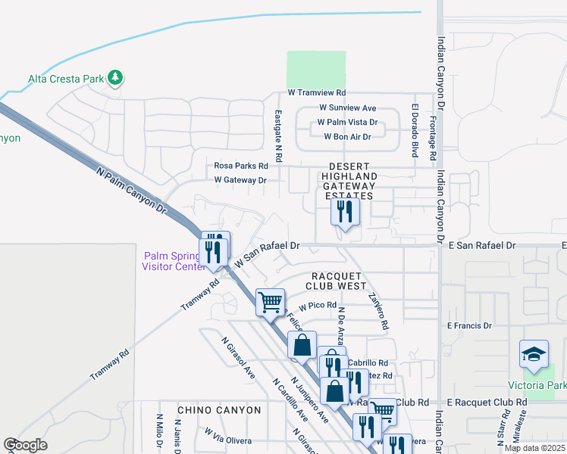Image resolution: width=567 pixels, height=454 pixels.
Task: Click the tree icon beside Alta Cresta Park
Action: [x=115, y=78]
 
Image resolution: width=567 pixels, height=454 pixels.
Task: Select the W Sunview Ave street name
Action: [x=347, y=108]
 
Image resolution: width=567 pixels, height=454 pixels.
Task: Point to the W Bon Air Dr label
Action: [x=347, y=137]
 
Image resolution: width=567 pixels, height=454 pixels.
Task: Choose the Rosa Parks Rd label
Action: [x=241, y=166]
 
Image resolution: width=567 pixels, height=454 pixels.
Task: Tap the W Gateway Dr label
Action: [x=240, y=180]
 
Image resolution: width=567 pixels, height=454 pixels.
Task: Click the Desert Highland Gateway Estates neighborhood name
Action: [x=349, y=181]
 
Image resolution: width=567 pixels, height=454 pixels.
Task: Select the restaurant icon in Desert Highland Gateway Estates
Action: [x=345, y=213]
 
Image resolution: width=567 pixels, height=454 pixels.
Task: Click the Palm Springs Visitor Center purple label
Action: [x=174, y=260]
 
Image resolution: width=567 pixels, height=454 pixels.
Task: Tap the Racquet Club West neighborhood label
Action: [x=335, y=281]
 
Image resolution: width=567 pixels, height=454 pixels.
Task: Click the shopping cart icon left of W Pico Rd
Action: [x=270, y=302]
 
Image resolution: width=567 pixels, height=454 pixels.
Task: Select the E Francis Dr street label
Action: [x=469, y=326]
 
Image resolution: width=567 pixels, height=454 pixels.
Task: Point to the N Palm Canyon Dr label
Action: [x=130, y=190]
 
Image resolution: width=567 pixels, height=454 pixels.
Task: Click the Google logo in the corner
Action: [x=25, y=445]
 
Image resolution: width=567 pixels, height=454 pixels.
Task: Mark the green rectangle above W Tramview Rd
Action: [x=315, y=69]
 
